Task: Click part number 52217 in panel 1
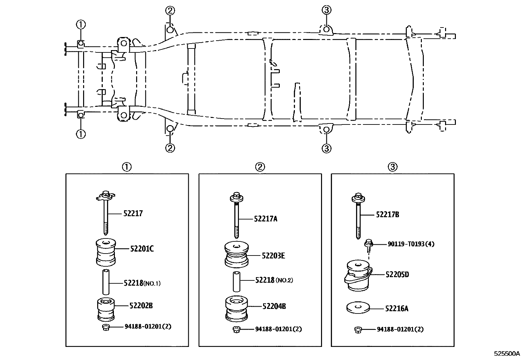pos(133,214)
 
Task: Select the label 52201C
pos(142,249)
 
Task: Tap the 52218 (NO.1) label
pos(142,283)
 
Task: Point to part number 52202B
pos(141,306)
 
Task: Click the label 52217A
pos(265,219)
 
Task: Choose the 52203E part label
pos(273,256)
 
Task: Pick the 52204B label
pos(274,306)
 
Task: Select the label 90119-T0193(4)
pos(411,244)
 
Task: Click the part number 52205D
pos(397,275)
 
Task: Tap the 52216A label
pos(397,309)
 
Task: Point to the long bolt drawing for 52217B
pos(358,216)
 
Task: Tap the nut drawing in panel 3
pos(358,330)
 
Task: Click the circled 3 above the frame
pos(326,10)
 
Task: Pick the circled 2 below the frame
pos(170,148)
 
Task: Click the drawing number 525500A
pos(507,354)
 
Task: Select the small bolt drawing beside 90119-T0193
pos(368,245)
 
